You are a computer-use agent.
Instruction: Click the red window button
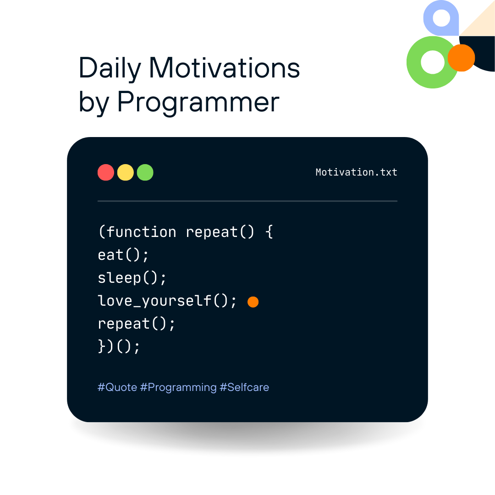tap(106, 172)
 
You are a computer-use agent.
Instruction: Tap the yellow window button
tap(125, 172)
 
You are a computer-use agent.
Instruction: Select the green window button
tap(145, 172)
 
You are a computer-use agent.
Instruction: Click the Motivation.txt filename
tap(357, 172)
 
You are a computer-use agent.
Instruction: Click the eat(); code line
tap(123, 255)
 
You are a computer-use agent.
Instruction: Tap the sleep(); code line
tap(132, 278)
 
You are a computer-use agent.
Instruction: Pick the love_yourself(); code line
tap(167, 301)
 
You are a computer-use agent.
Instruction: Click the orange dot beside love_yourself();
tap(253, 302)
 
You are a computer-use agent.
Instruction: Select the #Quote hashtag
tap(117, 387)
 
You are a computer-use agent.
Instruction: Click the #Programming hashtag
tap(178, 388)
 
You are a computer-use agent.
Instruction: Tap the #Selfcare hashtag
tap(244, 387)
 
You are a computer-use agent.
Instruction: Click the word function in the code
tap(141, 232)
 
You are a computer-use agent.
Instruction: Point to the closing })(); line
tap(119, 346)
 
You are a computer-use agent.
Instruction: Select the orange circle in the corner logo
tap(461, 58)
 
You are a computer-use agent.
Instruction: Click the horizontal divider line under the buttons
tap(247, 201)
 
